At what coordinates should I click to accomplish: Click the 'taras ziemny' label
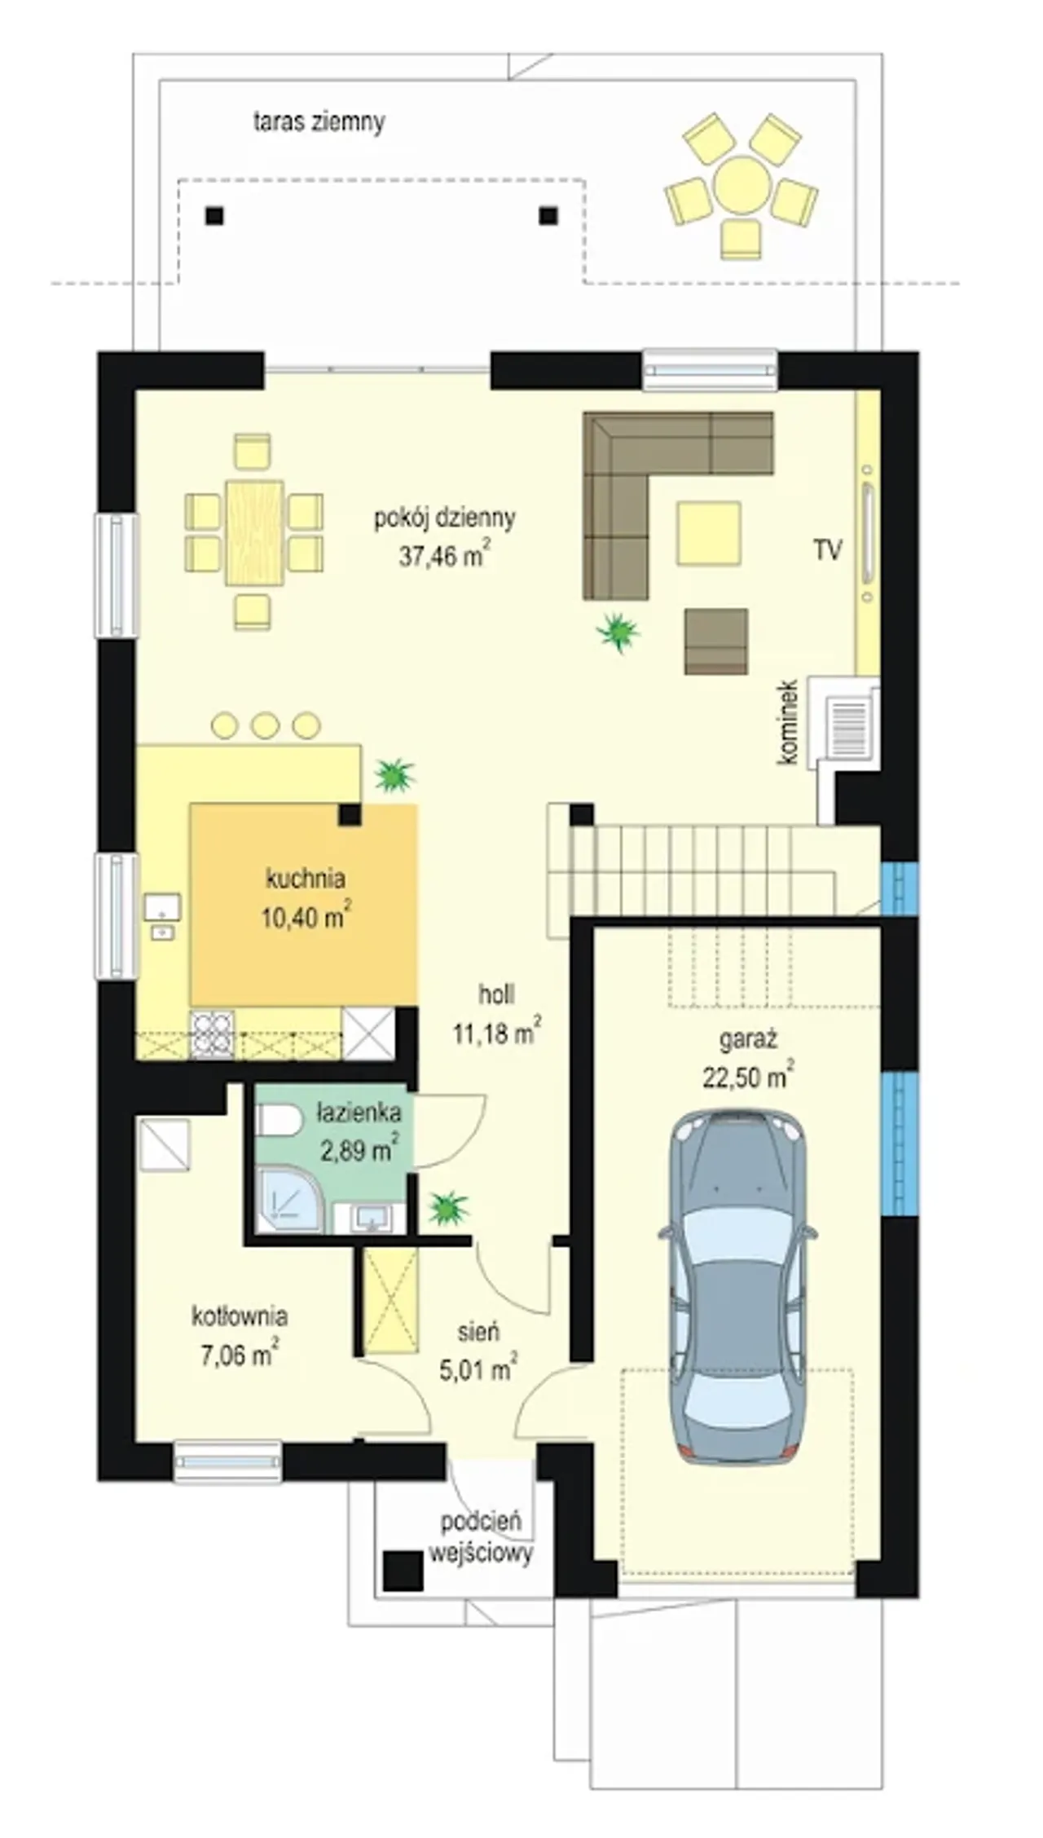[319, 122]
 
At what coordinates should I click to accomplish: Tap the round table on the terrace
[742, 185]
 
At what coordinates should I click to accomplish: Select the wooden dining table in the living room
[254, 532]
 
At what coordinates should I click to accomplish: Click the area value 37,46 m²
[444, 556]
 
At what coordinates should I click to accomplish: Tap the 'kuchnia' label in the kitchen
[306, 879]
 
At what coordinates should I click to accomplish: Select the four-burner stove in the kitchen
[213, 1034]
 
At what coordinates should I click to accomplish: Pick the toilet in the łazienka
[278, 1120]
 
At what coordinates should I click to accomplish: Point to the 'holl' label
[496, 994]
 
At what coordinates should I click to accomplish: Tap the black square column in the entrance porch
[403, 1569]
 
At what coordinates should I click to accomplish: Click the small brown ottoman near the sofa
[716, 641]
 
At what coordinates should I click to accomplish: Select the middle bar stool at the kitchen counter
[265, 725]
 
